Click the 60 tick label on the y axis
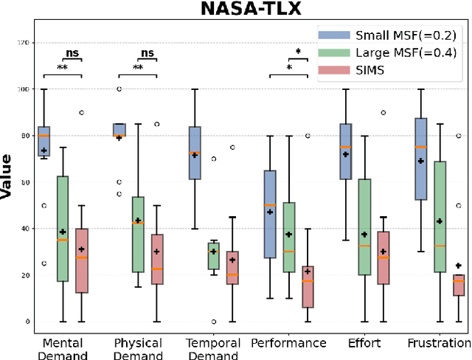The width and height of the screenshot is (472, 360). [x=27, y=182]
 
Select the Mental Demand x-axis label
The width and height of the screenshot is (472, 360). [x=63, y=349]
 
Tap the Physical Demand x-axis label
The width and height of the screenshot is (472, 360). [x=138, y=349]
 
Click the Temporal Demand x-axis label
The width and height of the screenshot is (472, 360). [x=214, y=349]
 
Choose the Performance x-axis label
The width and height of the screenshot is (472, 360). [x=288, y=343]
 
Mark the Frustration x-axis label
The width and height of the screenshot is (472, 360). [x=438, y=343]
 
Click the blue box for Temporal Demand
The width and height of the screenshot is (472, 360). [x=195, y=153]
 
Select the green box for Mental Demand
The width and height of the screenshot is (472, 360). [x=63, y=229]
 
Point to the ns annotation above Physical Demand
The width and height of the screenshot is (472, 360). [x=147, y=53]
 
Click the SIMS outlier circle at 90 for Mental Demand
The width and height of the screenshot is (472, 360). [x=82, y=112]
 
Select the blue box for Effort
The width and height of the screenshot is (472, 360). [x=345, y=151]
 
